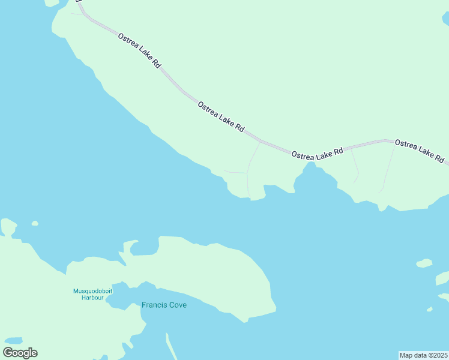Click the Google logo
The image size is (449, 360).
click(x=20, y=353)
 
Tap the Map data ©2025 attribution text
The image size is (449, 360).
click(x=423, y=355)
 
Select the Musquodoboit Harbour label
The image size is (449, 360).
click(x=89, y=294)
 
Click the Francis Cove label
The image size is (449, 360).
click(x=164, y=305)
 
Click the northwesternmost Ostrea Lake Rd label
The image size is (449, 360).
click(x=139, y=50)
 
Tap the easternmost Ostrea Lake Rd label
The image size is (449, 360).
click(x=420, y=151)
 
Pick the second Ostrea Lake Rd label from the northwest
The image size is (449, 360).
click(x=221, y=116)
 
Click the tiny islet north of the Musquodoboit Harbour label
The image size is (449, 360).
click(x=35, y=223)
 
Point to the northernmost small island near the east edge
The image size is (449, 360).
click(x=424, y=263)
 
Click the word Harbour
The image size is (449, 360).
click(x=93, y=298)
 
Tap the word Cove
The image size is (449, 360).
click(x=177, y=305)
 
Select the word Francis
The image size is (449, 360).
click(x=154, y=305)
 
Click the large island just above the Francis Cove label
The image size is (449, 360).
click(x=204, y=270)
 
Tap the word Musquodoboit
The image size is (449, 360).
click(x=89, y=291)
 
